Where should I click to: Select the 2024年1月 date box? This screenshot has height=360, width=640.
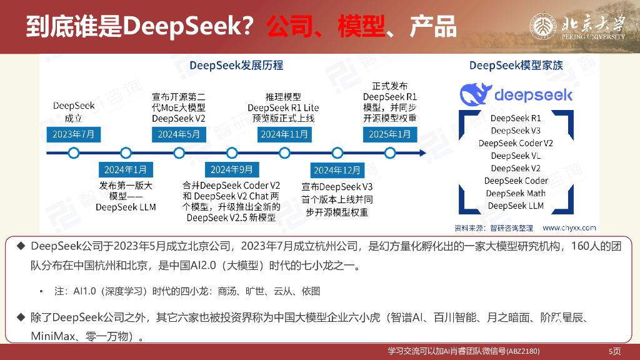(x=126, y=170)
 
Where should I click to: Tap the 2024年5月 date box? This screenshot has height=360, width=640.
(x=179, y=134)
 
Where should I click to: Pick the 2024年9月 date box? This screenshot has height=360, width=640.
(x=231, y=170)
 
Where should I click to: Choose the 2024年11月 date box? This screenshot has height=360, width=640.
(x=284, y=134)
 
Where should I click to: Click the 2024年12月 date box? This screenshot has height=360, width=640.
(x=337, y=170)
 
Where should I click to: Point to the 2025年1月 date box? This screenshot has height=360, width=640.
(x=390, y=134)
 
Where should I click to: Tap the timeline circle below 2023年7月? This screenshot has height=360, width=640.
(x=73, y=152)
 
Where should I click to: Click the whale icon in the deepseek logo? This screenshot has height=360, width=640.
(x=476, y=94)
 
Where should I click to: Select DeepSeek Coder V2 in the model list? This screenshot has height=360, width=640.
(x=516, y=143)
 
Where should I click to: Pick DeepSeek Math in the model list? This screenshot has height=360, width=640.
(x=516, y=193)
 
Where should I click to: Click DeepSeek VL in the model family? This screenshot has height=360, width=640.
(x=516, y=156)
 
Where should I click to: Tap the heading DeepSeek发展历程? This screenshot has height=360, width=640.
(x=236, y=65)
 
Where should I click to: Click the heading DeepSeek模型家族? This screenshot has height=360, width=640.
(x=516, y=65)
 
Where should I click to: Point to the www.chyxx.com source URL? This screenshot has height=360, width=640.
(x=569, y=228)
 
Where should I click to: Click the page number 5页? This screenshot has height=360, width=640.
(x=614, y=351)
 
